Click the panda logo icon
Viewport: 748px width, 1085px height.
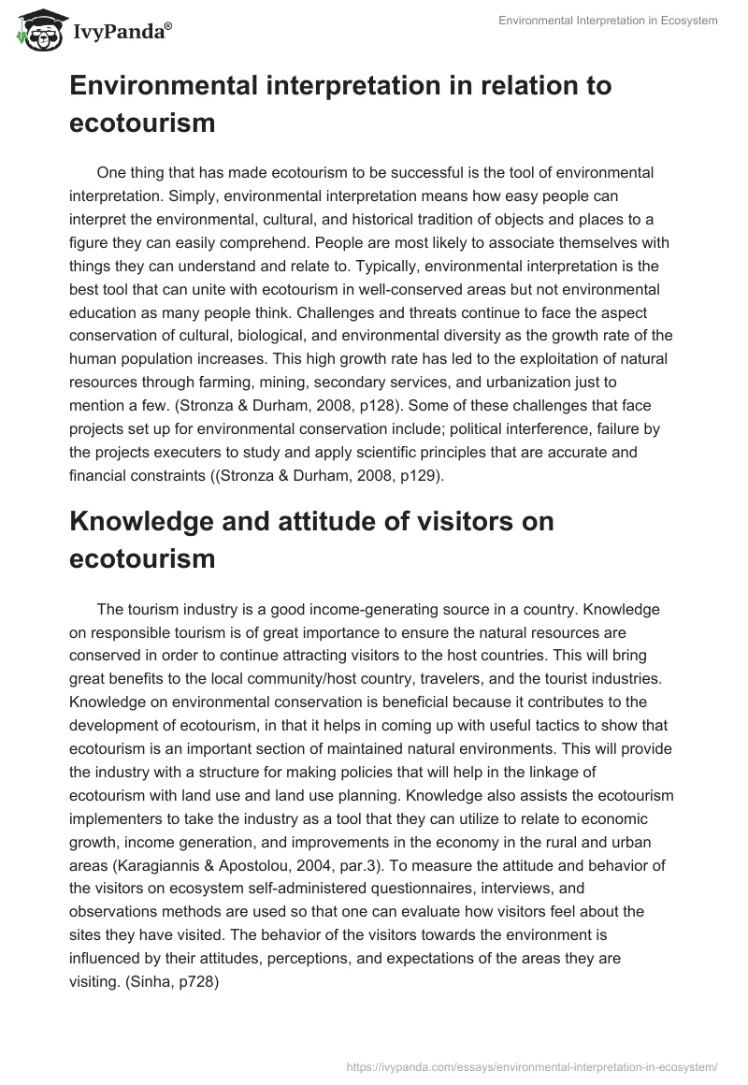pyautogui.click(x=36, y=31)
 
